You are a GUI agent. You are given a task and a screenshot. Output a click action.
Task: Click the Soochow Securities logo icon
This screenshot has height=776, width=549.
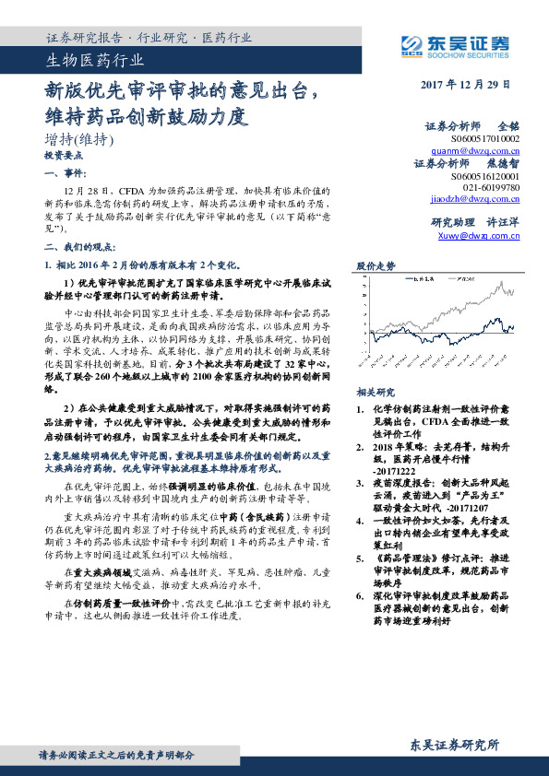pyautogui.click(x=411, y=43)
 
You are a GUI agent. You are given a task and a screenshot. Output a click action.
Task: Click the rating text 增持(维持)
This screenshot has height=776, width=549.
pyautogui.click(x=79, y=141)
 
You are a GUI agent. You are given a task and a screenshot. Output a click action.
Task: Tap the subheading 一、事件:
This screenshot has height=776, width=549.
pyautogui.click(x=66, y=173)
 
